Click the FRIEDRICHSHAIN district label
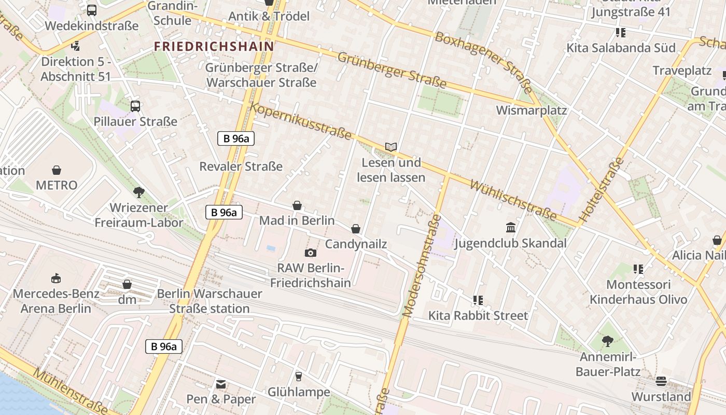tap(214, 46)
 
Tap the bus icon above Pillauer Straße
tap(135, 106)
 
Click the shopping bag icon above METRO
tap(57, 170)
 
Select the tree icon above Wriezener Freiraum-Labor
tap(138, 192)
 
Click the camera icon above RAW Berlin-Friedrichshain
tap(311, 253)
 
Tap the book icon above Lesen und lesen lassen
tap(391, 147)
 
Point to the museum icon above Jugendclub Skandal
tap(510, 227)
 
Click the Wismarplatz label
tap(532, 110)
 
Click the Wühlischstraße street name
tap(513, 200)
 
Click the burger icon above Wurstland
tap(661, 381)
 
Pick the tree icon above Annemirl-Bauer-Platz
tap(608, 341)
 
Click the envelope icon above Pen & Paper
tap(221, 384)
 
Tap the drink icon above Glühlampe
tap(298, 376)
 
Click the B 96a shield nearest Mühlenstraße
tap(164, 347)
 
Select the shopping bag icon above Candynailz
tap(356, 229)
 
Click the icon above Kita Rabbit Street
tap(478, 300)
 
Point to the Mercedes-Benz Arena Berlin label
tap(55, 301)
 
